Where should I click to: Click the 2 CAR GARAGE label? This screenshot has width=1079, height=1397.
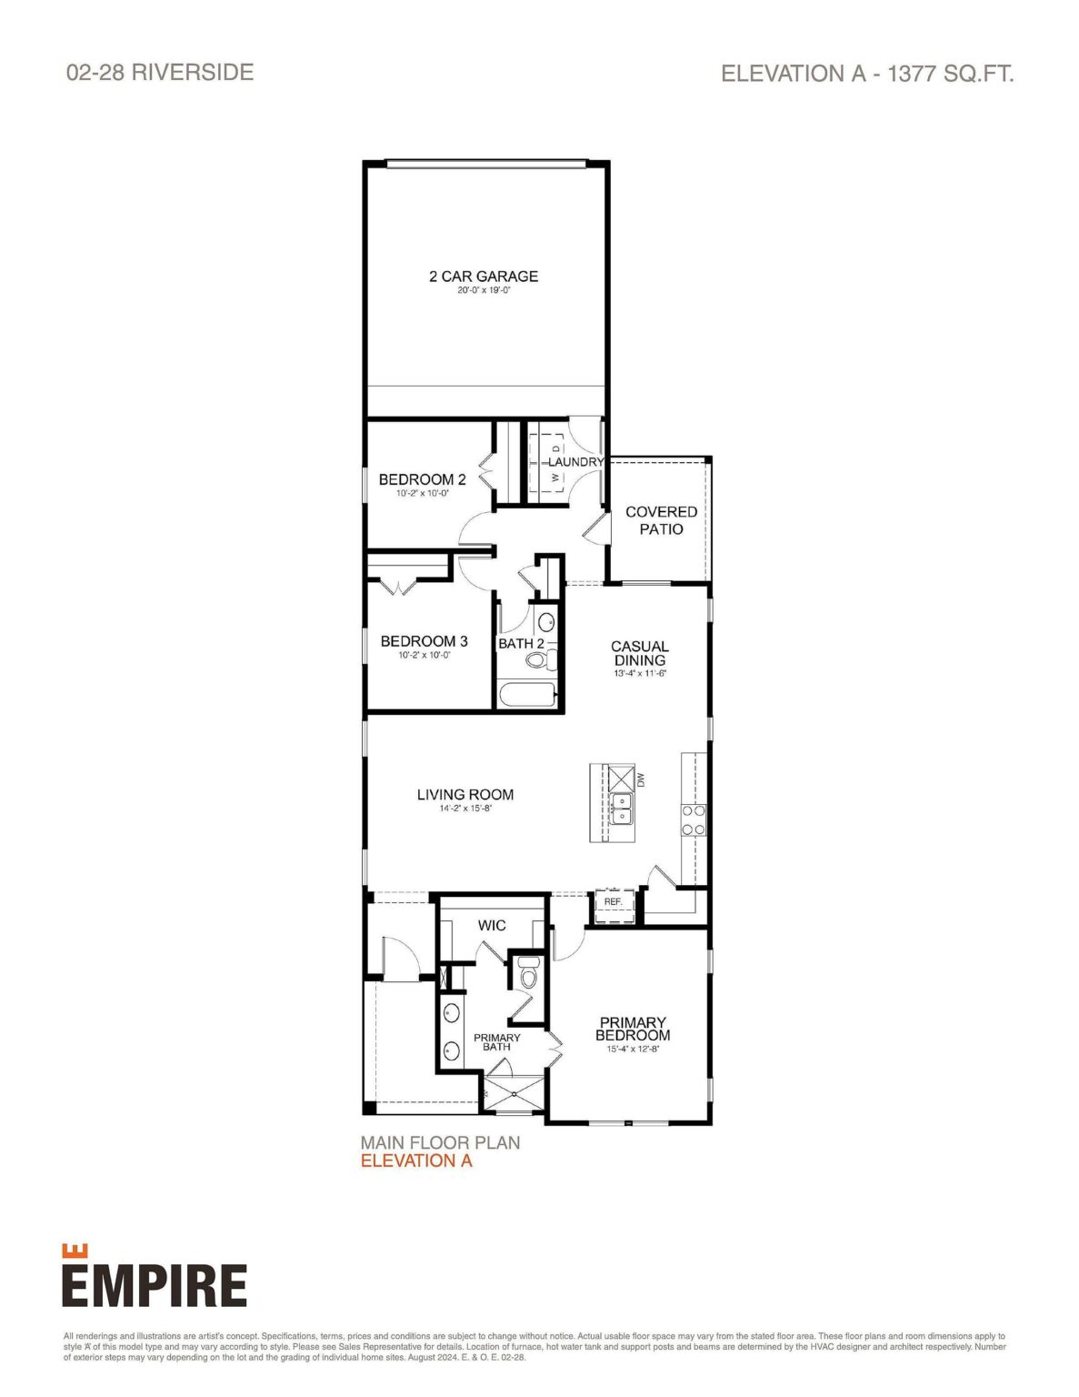click(x=484, y=276)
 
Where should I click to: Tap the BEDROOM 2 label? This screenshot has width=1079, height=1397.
click(x=422, y=479)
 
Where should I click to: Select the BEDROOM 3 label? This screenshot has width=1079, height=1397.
click(x=424, y=641)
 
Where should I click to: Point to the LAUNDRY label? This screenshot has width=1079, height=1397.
click(x=575, y=462)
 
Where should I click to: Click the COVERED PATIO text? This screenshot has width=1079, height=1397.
click(x=661, y=520)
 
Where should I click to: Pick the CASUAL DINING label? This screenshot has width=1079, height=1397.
click(x=639, y=654)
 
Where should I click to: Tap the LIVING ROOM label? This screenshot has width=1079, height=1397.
click(x=465, y=795)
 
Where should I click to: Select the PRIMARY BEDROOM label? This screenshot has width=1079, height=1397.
click(x=633, y=1029)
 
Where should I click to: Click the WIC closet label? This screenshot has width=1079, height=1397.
click(x=492, y=925)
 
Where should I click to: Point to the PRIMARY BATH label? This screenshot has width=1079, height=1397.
click(x=497, y=1042)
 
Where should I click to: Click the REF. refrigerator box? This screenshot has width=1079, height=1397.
click(x=613, y=902)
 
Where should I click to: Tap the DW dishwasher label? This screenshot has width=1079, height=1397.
click(x=641, y=780)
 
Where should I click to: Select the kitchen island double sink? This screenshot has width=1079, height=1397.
click(x=621, y=807)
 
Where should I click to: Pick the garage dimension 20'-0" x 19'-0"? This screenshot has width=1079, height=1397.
click(x=484, y=291)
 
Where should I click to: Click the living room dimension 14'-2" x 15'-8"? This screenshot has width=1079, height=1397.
click(x=465, y=809)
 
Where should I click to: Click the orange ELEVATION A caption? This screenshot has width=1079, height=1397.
click(x=416, y=1161)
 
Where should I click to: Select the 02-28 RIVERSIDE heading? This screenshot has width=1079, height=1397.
click(x=160, y=73)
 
